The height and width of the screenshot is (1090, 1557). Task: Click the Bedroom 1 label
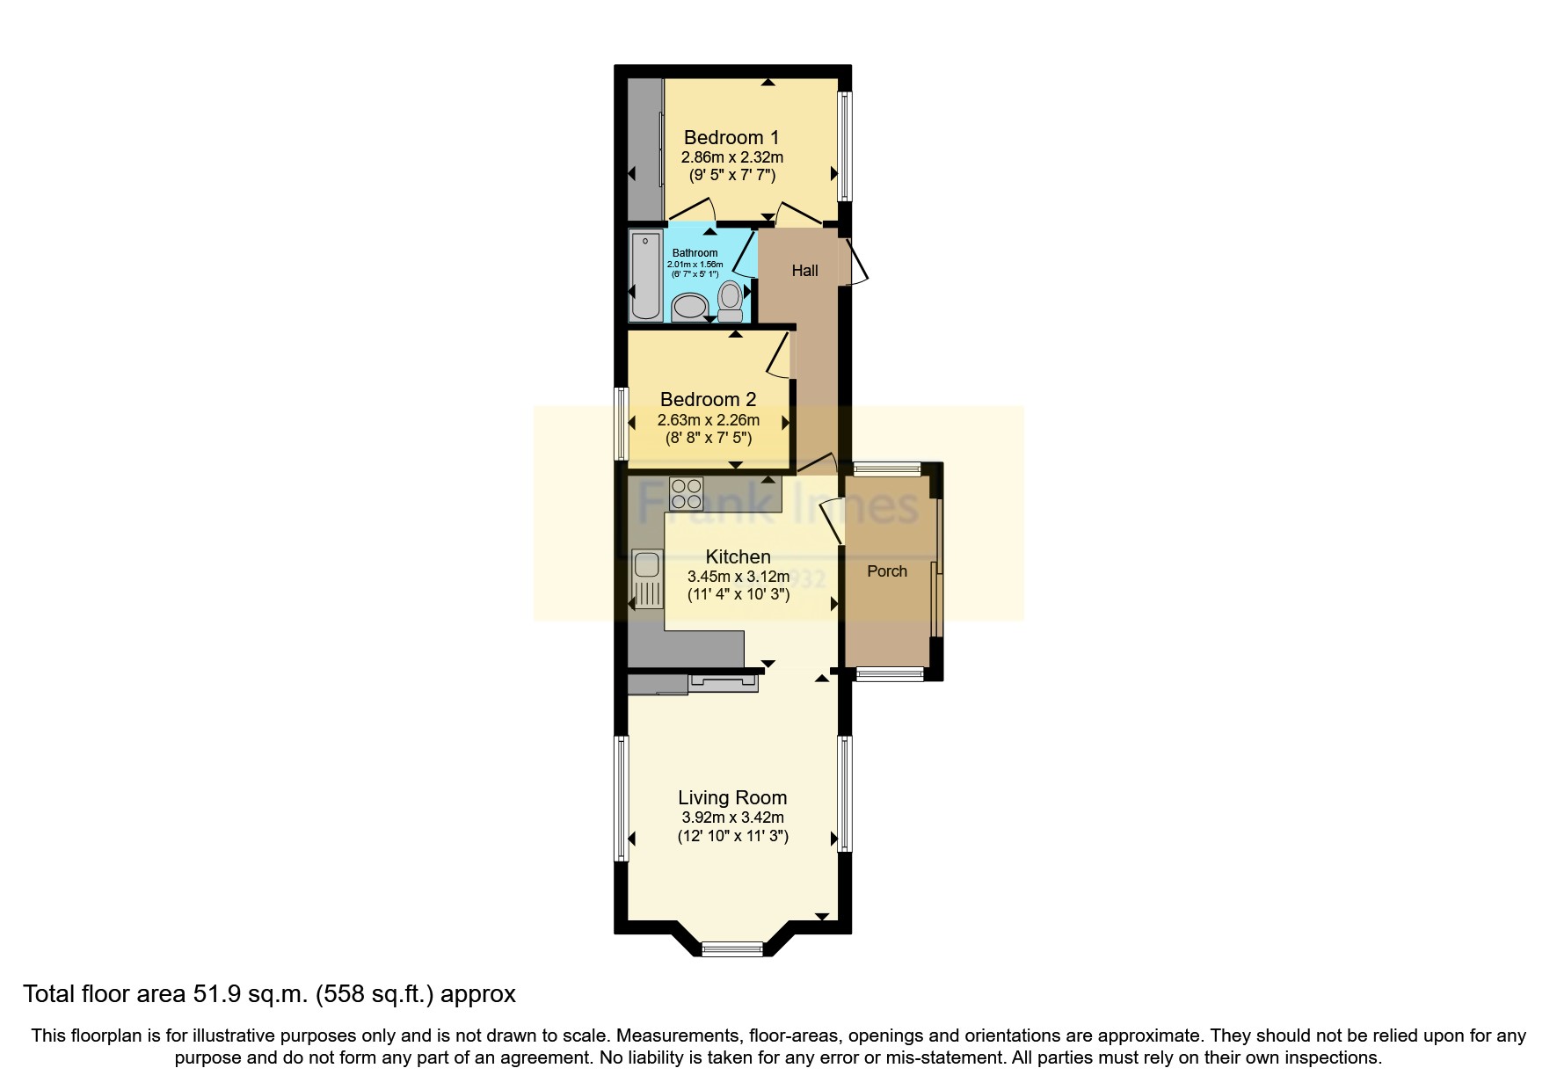(731, 137)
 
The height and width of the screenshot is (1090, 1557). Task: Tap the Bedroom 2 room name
(708, 399)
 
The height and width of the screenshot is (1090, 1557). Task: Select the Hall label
(804, 271)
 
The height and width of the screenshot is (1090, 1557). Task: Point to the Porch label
(886, 571)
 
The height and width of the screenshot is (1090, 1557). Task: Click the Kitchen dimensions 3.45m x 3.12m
(738, 578)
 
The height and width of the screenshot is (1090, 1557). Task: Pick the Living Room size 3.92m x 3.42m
(731, 817)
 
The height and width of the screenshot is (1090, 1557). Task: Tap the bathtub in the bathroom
(644, 275)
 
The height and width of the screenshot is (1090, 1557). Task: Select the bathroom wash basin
(689, 308)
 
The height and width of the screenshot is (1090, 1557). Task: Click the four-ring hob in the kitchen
(686, 492)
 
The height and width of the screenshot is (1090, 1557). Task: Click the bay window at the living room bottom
(731, 948)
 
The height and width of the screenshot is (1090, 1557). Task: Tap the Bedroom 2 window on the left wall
(621, 425)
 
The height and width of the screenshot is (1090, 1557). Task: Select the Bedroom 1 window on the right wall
(845, 146)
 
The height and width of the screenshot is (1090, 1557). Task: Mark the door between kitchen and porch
(830, 521)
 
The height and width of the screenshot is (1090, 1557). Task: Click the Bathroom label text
(695, 253)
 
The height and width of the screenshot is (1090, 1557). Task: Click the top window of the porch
(886, 469)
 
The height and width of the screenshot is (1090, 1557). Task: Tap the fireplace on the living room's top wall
(724, 682)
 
